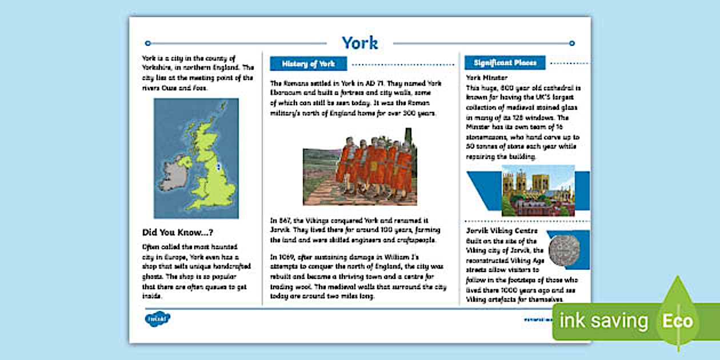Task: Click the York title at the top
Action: (x=359, y=43)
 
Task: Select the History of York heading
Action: (x=308, y=63)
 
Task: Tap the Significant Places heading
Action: (x=505, y=63)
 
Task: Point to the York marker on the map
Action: (x=219, y=167)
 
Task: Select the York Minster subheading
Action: (x=487, y=78)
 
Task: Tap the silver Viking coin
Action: (x=563, y=250)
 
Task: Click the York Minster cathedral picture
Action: (x=538, y=190)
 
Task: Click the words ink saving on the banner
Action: (x=603, y=321)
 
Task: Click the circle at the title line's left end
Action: (x=148, y=43)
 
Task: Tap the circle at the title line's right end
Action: (x=572, y=43)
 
